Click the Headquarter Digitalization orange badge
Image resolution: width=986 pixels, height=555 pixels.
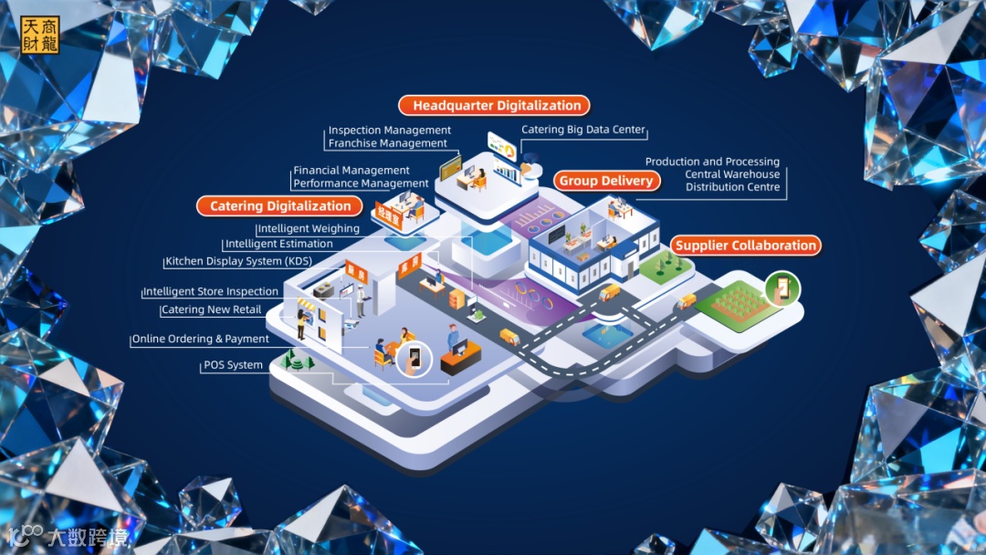(494, 106)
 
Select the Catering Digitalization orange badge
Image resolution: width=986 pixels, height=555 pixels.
(280, 206)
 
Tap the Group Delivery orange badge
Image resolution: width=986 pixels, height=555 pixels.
(606, 181)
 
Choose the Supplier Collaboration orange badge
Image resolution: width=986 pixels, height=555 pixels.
(746, 246)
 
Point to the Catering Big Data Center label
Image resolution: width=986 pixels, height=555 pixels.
(582, 131)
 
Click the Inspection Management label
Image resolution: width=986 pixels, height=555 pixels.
(390, 131)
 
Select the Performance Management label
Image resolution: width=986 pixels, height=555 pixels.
(361, 183)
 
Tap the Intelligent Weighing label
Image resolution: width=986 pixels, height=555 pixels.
(308, 229)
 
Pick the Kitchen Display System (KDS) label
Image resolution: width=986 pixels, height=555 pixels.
(238, 262)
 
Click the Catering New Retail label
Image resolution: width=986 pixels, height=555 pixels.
(211, 310)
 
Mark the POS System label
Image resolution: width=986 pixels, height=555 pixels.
(233, 365)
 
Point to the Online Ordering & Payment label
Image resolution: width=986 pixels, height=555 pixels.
(200, 339)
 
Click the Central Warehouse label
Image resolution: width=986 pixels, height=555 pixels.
(732, 174)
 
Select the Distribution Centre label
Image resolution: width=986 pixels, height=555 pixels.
(733, 187)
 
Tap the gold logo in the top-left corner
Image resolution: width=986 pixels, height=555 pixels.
(39, 35)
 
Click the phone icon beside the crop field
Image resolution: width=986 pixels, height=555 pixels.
(782, 288)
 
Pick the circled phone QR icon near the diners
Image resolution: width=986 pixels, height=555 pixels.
(415, 357)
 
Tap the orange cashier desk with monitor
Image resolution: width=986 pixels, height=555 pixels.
(460, 359)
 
